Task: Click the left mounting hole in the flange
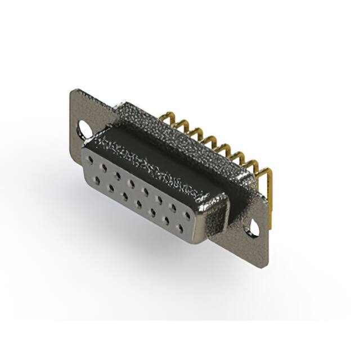pos(85,129)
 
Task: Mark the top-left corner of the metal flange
pos(71,91)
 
